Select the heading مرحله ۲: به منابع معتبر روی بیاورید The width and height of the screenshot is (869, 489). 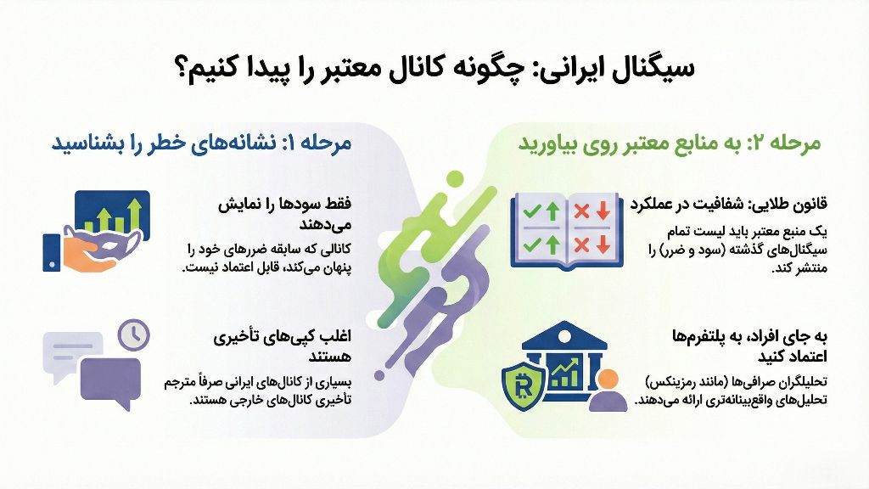pyautogui.click(x=670, y=143)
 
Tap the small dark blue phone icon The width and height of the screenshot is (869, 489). pyautogui.click(x=51, y=252)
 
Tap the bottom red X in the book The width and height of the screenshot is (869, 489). pyautogui.click(x=581, y=245)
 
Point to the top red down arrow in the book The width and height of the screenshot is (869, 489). pyautogui.click(x=603, y=211)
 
